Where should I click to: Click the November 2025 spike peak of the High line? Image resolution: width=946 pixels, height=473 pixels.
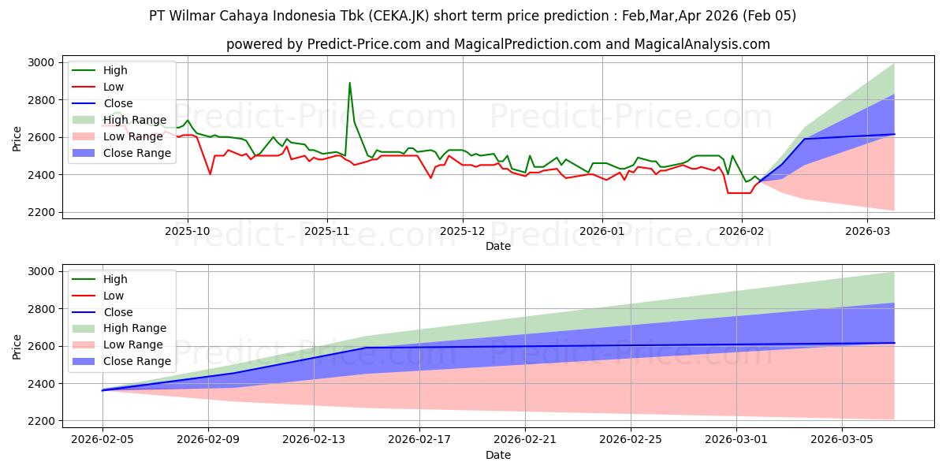point(349,83)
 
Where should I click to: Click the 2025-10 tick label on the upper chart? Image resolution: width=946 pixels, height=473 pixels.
point(188,232)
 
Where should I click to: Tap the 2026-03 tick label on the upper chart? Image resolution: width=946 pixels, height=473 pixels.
point(867,232)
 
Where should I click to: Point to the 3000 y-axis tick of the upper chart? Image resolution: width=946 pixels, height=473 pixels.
point(40,62)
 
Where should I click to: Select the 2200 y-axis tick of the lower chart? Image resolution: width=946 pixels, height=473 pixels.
point(40,421)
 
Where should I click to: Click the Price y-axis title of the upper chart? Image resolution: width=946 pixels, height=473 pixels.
point(17,139)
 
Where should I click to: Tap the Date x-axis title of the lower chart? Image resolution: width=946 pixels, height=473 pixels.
point(497,455)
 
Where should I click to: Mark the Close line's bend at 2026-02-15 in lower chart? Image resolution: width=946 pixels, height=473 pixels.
point(367,348)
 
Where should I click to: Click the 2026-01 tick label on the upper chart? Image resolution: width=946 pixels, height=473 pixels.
point(602,232)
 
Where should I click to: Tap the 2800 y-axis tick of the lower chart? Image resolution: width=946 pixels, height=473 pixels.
point(40,308)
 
